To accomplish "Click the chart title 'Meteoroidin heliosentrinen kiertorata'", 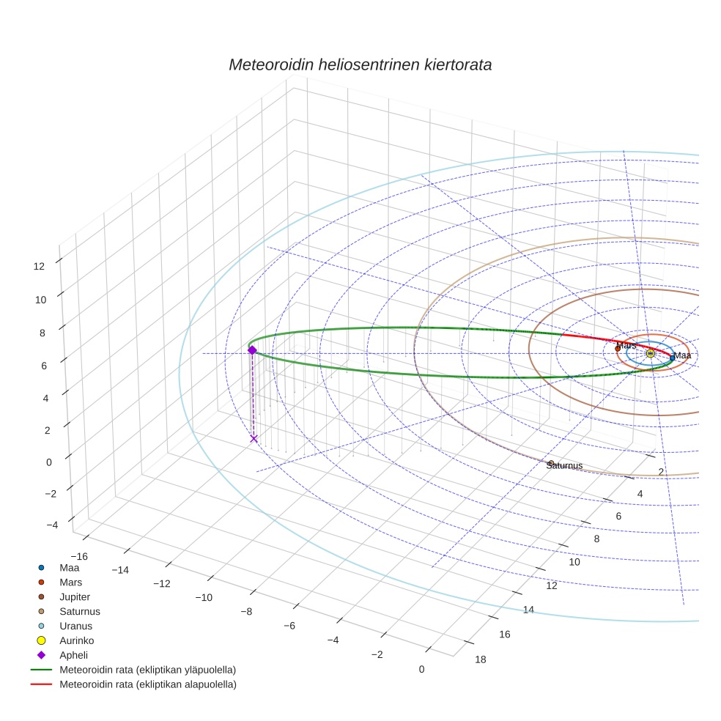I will [x=360, y=64].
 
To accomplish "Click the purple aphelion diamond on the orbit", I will [x=252, y=350].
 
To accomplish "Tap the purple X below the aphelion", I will [x=254, y=438].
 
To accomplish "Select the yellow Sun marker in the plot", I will [x=650, y=353].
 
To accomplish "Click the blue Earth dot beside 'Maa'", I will [x=672, y=358].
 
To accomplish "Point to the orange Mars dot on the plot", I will [x=618, y=349].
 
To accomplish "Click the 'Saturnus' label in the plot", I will [x=565, y=465].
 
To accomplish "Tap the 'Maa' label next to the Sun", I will [x=682, y=355].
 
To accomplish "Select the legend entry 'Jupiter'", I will [x=75, y=596].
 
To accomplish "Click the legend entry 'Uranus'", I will [x=75, y=626].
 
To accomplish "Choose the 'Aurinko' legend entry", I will [x=76, y=640].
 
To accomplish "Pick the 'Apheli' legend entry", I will [x=73, y=655].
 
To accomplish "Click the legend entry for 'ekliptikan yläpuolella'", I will [x=147, y=670].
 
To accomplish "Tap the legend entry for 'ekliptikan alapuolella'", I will [x=147, y=684].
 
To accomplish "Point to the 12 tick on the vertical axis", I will [x=40, y=267].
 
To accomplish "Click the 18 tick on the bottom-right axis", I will [x=480, y=659].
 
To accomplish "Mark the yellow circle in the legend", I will [x=42, y=640].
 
